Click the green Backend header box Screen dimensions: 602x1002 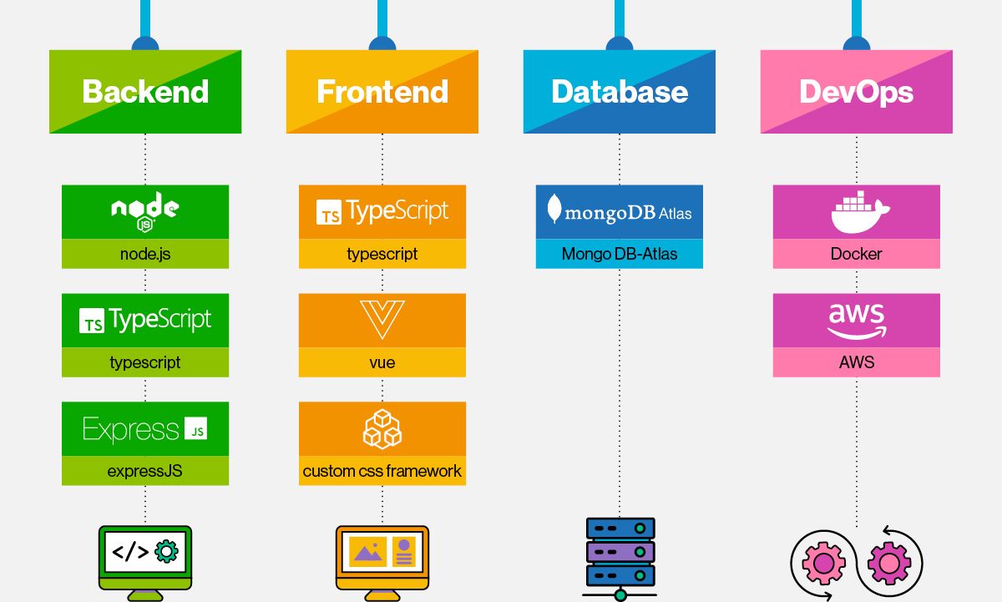(x=145, y=92)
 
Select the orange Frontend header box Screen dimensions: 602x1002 (x=382, y=92)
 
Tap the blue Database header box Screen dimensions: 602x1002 (x=620, y=92)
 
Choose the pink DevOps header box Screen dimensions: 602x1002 (x=856, y=92)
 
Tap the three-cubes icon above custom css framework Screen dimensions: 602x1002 (x=382, y=428)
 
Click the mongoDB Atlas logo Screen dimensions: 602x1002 (x=620, y=211)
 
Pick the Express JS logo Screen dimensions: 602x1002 (x=145, y=429)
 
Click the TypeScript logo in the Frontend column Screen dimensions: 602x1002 (x=382, y=212)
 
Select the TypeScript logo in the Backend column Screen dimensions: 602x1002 (x=145, y=321)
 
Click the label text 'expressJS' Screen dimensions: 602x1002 (x=145, y=471)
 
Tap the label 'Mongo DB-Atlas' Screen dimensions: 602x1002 (x=620, y=254)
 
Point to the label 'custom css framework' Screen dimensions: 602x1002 (x=382, y=471)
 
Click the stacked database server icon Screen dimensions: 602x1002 (x=620, y=554)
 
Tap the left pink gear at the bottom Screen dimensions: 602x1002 (x=823, y=564)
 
